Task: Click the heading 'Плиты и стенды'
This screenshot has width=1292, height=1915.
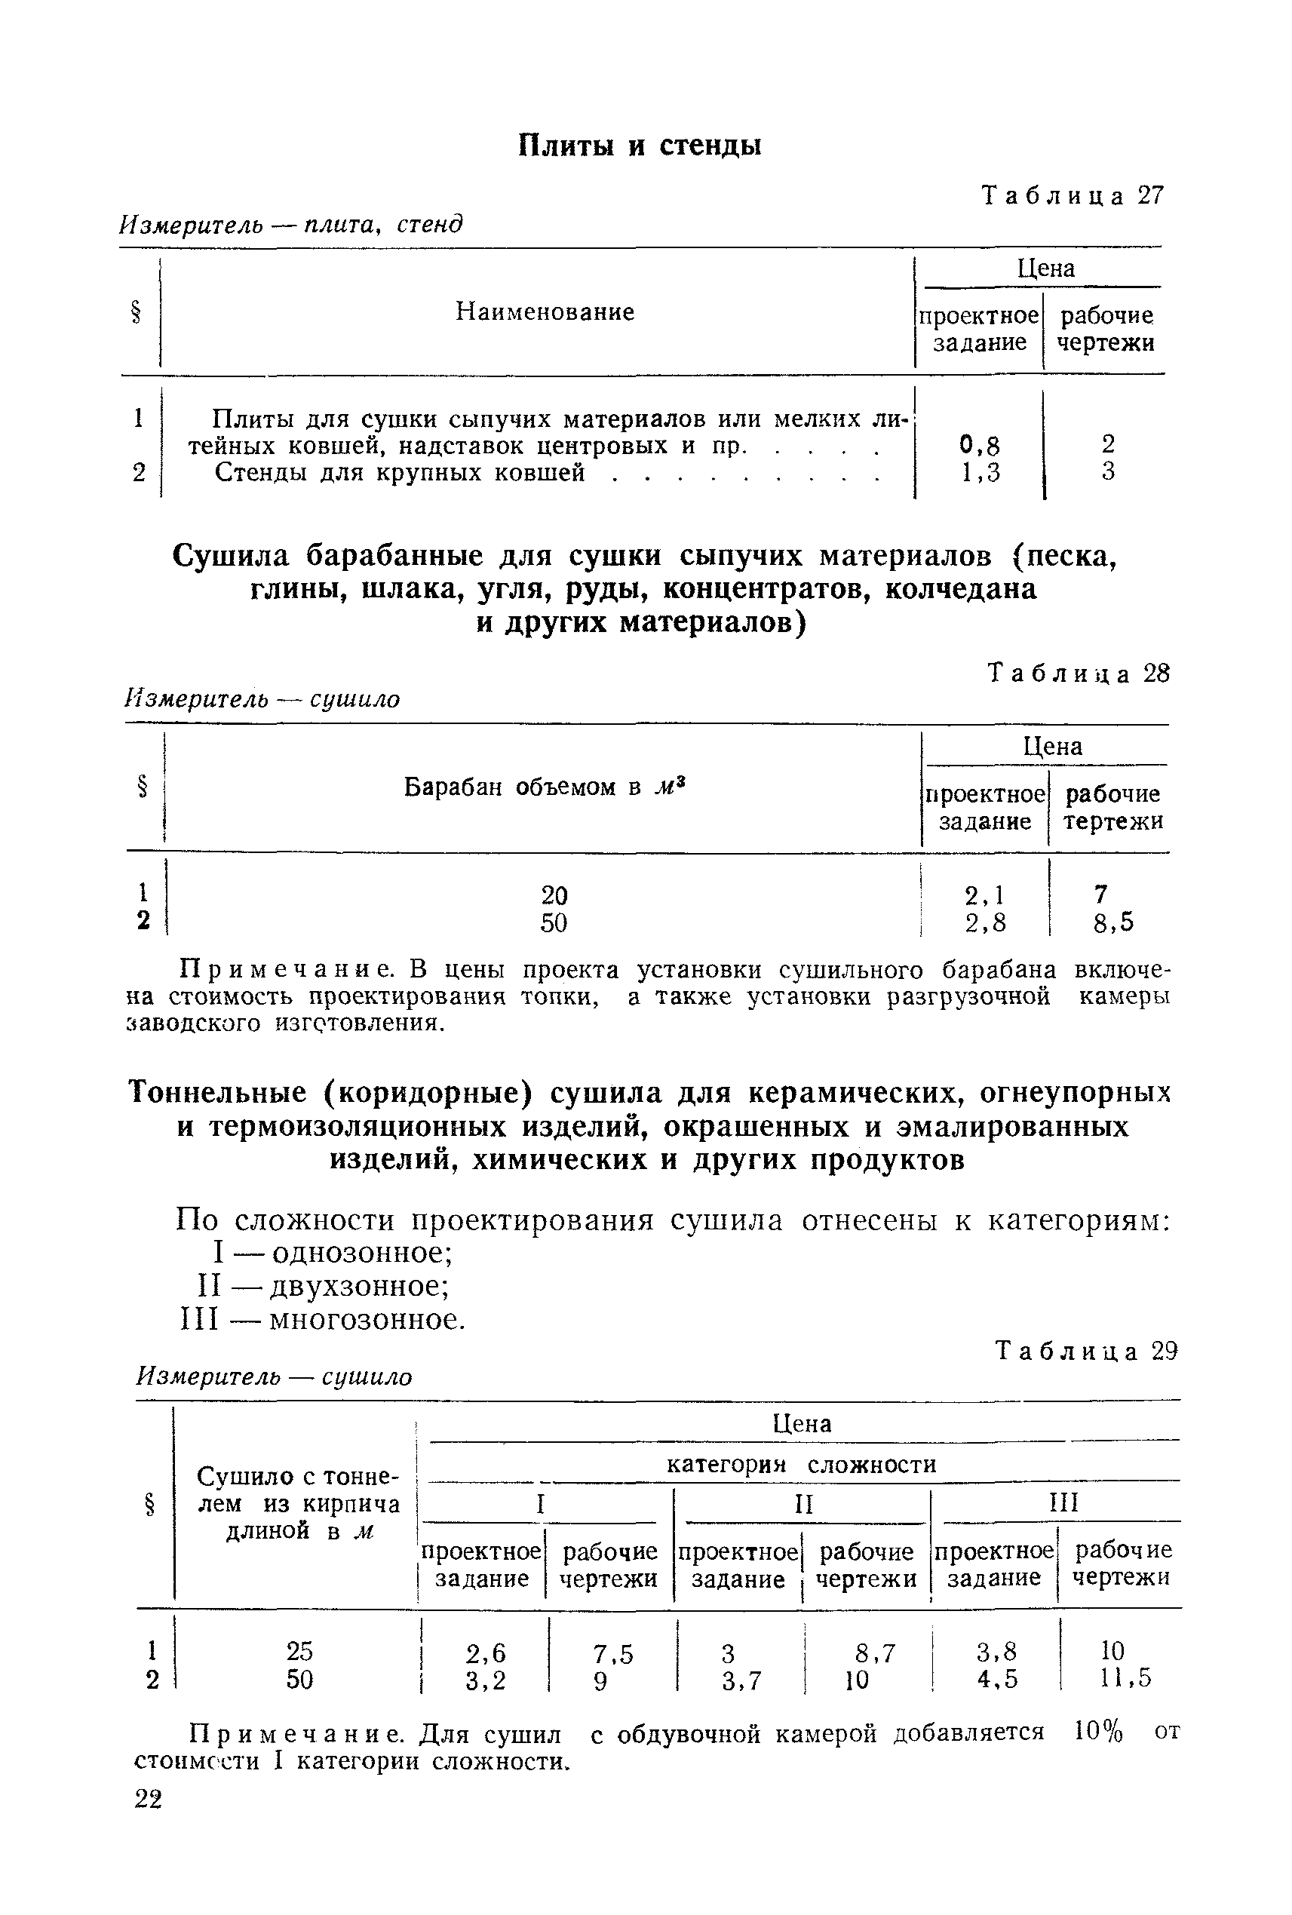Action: click(x=640, y=146)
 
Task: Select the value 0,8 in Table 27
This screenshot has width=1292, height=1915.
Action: click(x=980, y=446)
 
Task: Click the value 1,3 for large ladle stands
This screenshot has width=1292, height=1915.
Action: click(x=980, y=472)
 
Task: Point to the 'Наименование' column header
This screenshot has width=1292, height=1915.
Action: click(x=545, y=312)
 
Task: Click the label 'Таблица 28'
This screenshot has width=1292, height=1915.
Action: click(x=1079, y=674)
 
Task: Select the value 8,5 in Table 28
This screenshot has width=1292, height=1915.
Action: click(x=1113, y=922)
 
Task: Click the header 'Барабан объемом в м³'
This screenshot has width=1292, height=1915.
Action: click(x=545, y=787)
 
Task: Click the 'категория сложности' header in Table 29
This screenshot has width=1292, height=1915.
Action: click(x=801, y=1464)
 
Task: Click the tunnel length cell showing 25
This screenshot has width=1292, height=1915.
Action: click(x=299, y=1650)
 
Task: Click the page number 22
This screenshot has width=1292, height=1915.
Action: click(x=149, y=1799)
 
